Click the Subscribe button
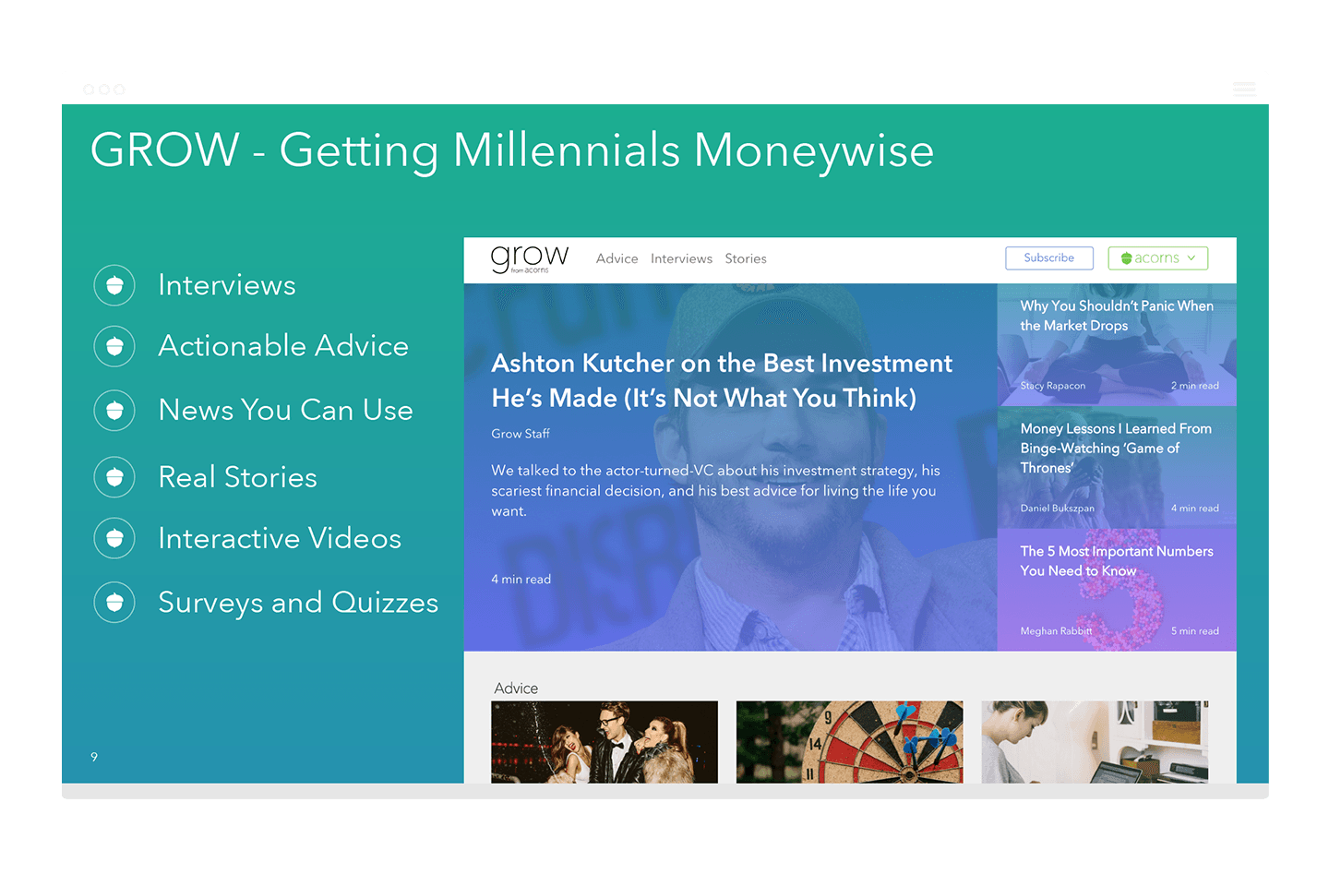point(1049,258)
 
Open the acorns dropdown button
point(1157,258)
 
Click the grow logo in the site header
point(529,258)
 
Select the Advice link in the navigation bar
point(617,258)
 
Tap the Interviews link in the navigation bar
point(681,258)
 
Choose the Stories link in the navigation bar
point(745,258)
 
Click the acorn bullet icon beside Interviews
point(114,285)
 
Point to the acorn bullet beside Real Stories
point(114,477)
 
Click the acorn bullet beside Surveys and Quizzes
point(114,603)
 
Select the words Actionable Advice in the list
point(283,345)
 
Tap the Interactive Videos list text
point(280,538)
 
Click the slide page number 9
point(94,757)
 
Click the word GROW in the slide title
point(165,150)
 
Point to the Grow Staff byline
point(521,434)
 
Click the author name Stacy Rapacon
point(1052,386)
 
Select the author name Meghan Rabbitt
point(1056,631)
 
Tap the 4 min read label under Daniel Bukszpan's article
point(1195,508)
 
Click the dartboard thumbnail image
point(850,742)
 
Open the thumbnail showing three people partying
point(605,742)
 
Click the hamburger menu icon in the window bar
point(1244,89)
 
